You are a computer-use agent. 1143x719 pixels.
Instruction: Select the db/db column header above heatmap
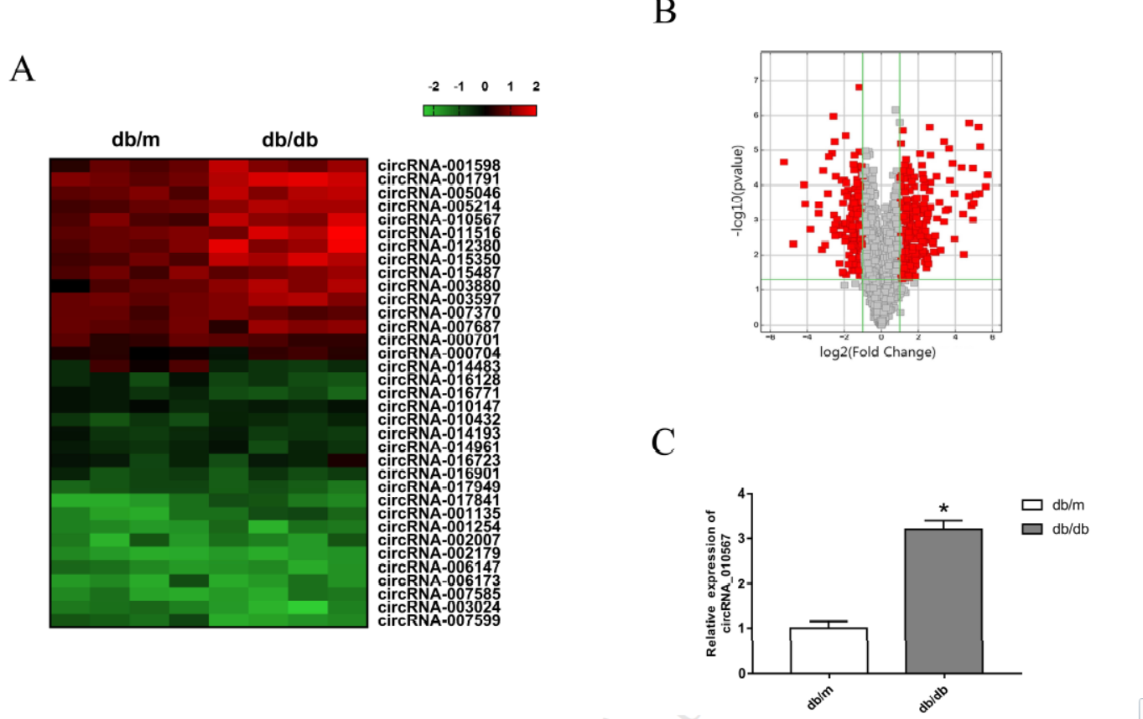point(289,139)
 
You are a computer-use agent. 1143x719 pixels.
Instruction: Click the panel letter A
point(22,70)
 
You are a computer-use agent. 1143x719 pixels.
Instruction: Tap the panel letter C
point(663,443)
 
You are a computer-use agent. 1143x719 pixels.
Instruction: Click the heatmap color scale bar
point(480,110)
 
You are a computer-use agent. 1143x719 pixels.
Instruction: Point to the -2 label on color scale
point(433,86)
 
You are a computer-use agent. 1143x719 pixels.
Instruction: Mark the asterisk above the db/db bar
point(943,509)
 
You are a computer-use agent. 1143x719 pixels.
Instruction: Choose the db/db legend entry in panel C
point(1056,529)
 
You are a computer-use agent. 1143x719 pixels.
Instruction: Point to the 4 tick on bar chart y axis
point(740,494)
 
